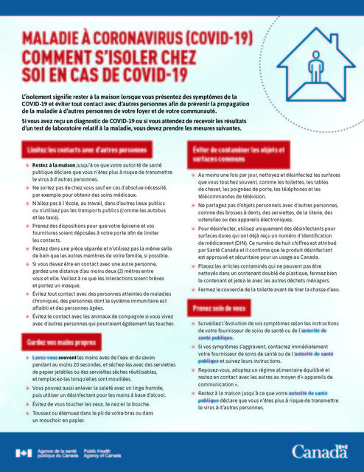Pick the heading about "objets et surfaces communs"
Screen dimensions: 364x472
click(232, 154)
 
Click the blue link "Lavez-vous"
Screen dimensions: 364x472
click(45, 358)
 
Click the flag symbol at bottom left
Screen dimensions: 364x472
click(21, 451)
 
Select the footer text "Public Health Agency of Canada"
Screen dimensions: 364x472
click(102, 451)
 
